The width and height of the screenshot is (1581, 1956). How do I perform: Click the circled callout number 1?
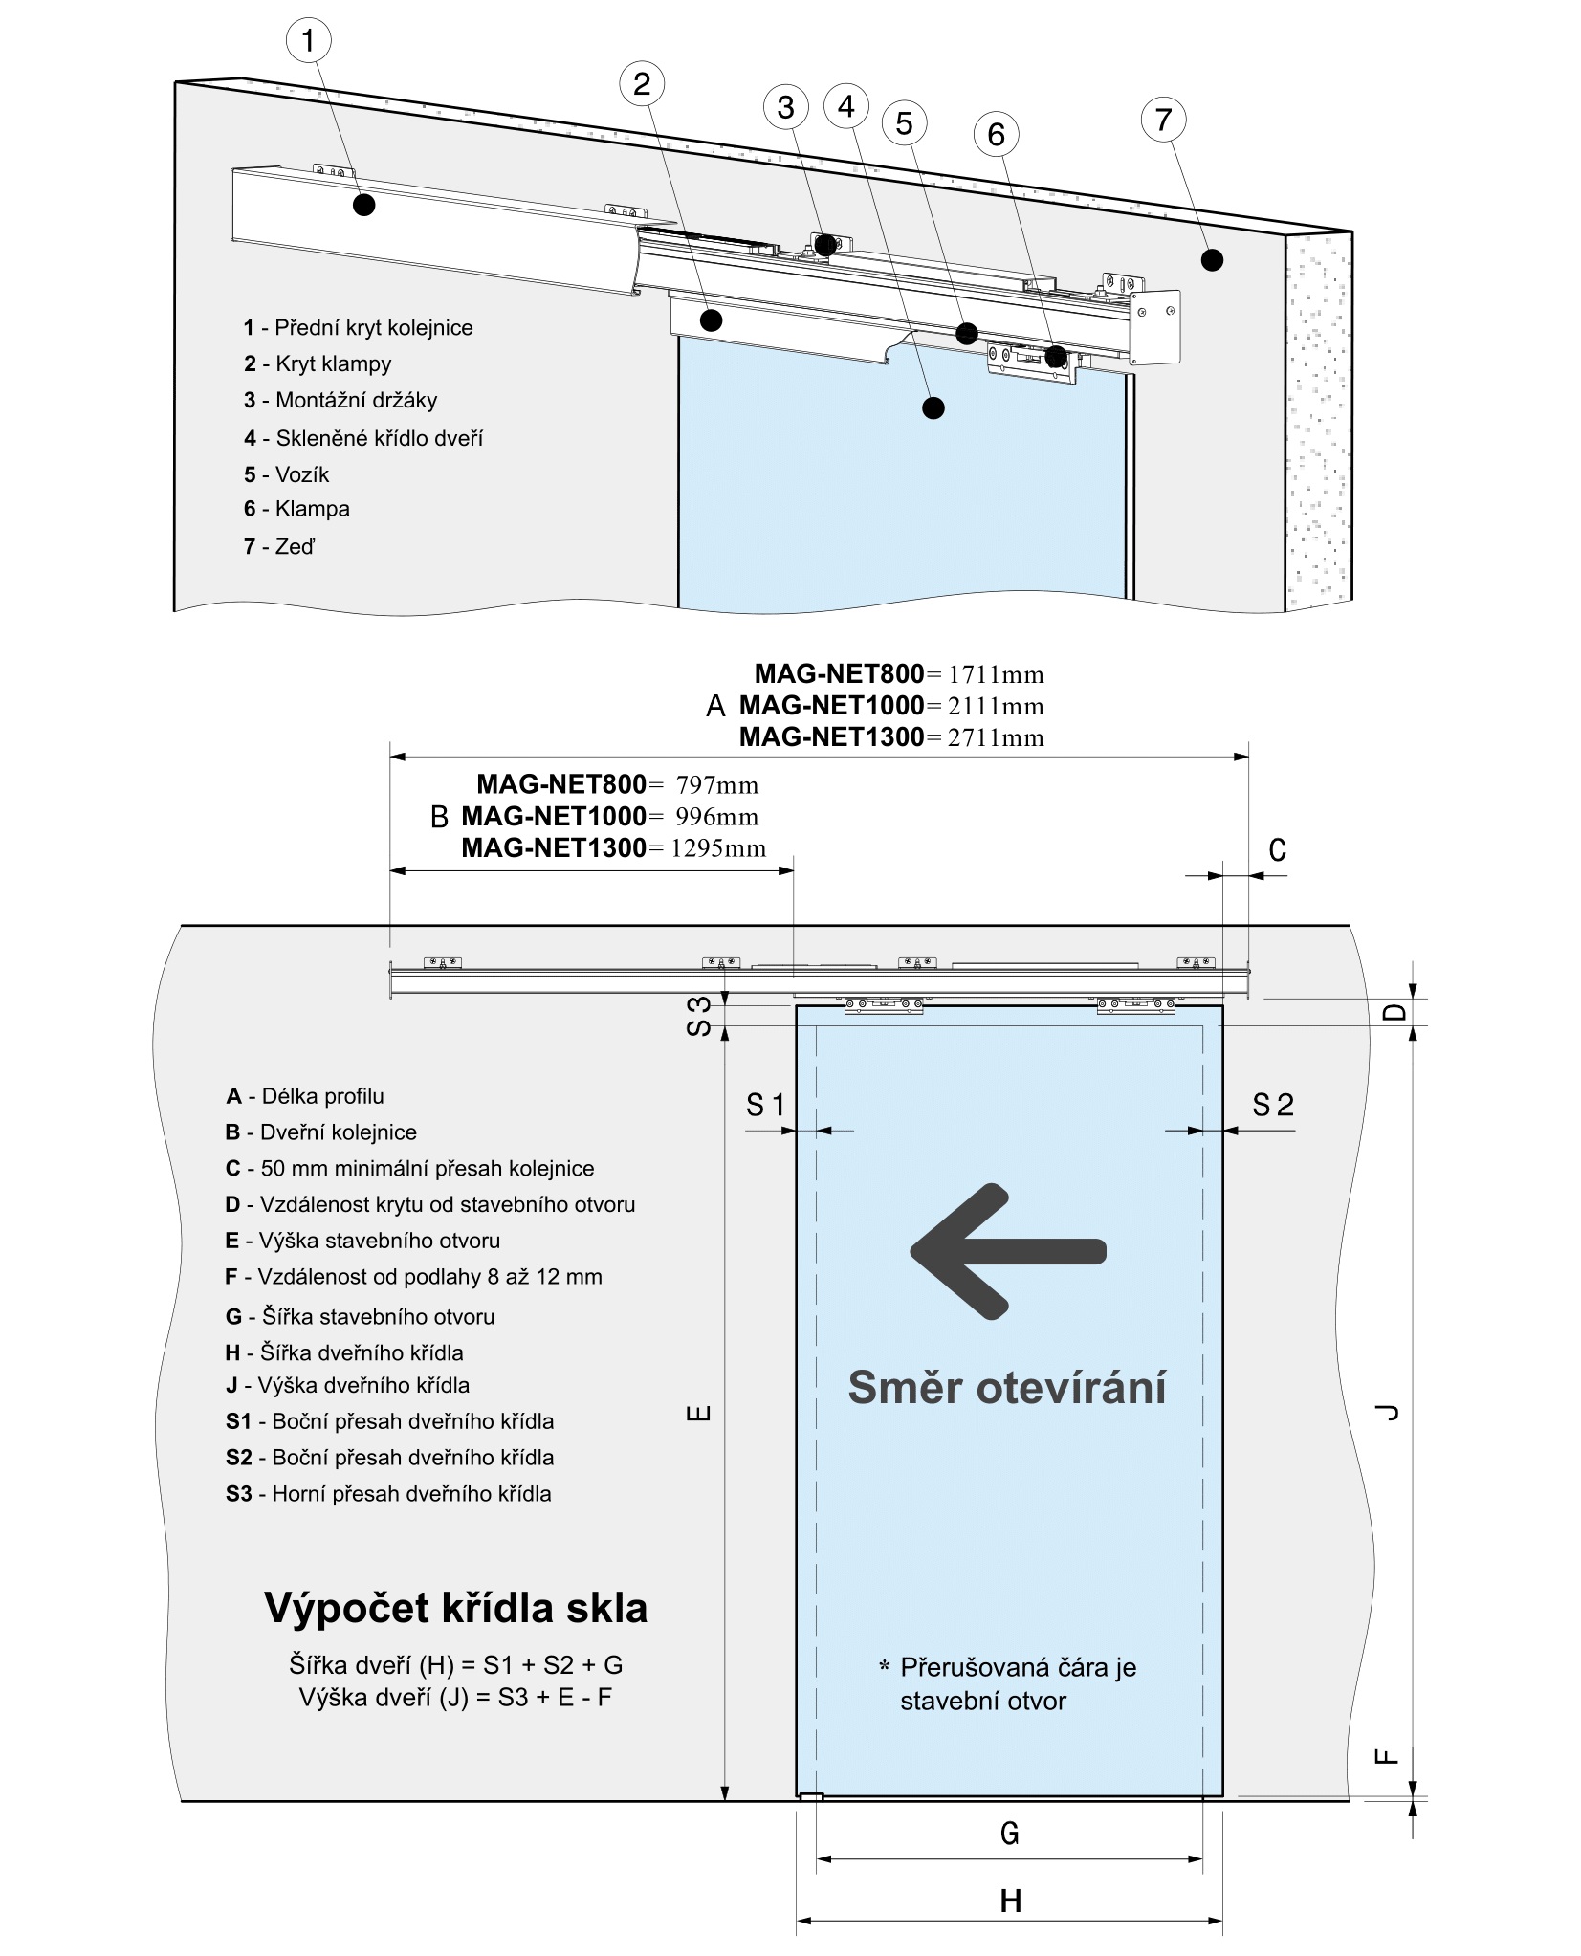click(308, 41)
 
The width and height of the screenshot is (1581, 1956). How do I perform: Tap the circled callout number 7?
click(1163, 120)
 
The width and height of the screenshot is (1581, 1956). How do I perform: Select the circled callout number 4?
click(845, 105)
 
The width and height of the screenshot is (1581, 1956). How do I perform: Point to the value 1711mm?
click(996, 674)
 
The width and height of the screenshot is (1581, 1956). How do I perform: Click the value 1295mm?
click(718, 847)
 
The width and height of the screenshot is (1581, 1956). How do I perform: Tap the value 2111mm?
click(996, 706)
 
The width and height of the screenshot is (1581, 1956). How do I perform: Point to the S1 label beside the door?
click(765, 1106)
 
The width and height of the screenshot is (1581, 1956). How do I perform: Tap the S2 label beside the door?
click(1272, 1106)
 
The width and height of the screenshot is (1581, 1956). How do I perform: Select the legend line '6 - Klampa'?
click(296, 509)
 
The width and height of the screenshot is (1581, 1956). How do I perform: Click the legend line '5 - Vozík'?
click(286, 474)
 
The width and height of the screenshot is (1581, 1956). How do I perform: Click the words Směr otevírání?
click(1007, 1388)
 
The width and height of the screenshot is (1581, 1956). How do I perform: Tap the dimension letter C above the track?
click(1277, 850)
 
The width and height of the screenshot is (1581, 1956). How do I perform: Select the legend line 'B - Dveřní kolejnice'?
click(321, 1132)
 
